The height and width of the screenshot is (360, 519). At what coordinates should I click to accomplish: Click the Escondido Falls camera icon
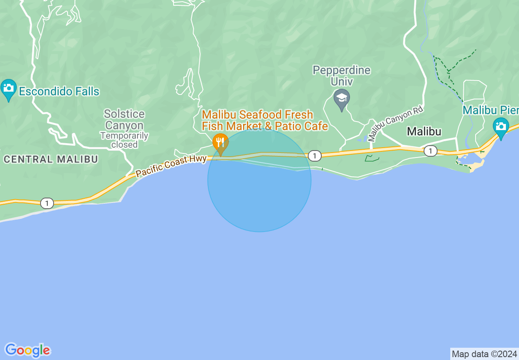(x=8, y=88)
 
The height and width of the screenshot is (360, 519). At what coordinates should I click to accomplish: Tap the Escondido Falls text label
(x=59, y=91)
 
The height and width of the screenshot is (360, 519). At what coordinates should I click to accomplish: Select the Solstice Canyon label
(x=124, y=119)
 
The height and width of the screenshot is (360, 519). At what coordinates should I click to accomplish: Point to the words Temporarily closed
(x=124, y=140)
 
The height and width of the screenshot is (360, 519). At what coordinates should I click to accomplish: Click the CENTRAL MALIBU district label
(x=51, y=159)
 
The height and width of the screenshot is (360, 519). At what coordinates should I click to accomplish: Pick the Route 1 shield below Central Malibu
(x=47, y=203)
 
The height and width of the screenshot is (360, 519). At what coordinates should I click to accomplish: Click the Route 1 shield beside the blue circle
(x=314, y=155)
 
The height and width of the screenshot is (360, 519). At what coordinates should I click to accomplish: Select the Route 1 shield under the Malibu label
(x=430, y=151)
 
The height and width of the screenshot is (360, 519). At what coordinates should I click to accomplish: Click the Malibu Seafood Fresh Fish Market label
(x=265, y=120)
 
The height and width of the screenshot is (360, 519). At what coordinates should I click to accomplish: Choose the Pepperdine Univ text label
(x=341, y=76)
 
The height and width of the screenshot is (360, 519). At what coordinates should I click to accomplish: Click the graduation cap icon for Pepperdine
(x=341, y=99)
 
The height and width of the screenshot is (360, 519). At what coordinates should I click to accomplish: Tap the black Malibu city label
(x=424, y=131)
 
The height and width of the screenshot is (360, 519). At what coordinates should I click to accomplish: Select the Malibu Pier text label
(x=490, y=110)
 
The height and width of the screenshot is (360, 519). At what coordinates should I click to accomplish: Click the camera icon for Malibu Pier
(x=501, y=127)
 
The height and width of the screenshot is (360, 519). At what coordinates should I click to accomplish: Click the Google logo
(x=28, y=350)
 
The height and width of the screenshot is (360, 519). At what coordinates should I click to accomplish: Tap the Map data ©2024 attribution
(x=485, y=354)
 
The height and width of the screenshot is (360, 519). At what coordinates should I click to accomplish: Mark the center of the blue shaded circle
(x=259, y=180)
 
